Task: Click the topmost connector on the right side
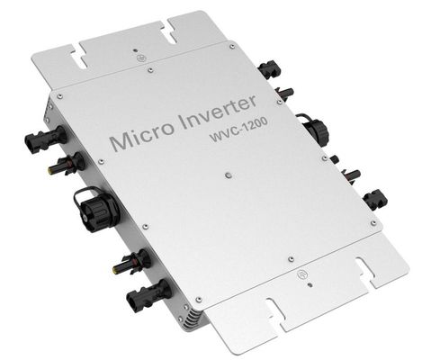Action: tap(267, 68)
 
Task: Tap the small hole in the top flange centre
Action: tap(135, 51)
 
